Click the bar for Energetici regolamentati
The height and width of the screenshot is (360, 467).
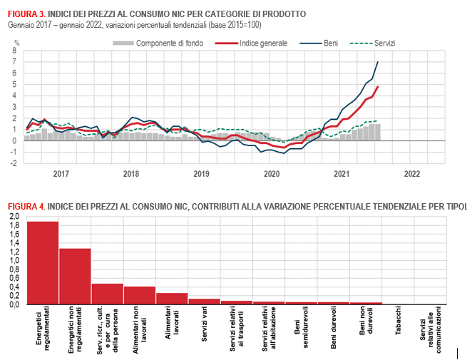click(x=43, y=262)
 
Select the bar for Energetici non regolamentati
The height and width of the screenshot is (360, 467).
click(x=75, y=276)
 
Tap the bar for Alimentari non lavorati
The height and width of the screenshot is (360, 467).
click(x=140, y=295)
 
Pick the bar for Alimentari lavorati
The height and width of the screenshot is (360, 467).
click(x=172, y=299)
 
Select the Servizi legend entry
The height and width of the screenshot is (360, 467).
click(x=375, y=43)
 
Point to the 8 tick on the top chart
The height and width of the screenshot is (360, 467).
click(x=16, y=51)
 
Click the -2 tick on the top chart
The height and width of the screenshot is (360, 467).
click(x=14, y=163)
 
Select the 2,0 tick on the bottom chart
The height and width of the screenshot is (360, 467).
click(x=14, y=217)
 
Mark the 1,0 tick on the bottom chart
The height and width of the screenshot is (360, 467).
click(x=14, y=261)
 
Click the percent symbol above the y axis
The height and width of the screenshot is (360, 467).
click(x=16, y=43)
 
